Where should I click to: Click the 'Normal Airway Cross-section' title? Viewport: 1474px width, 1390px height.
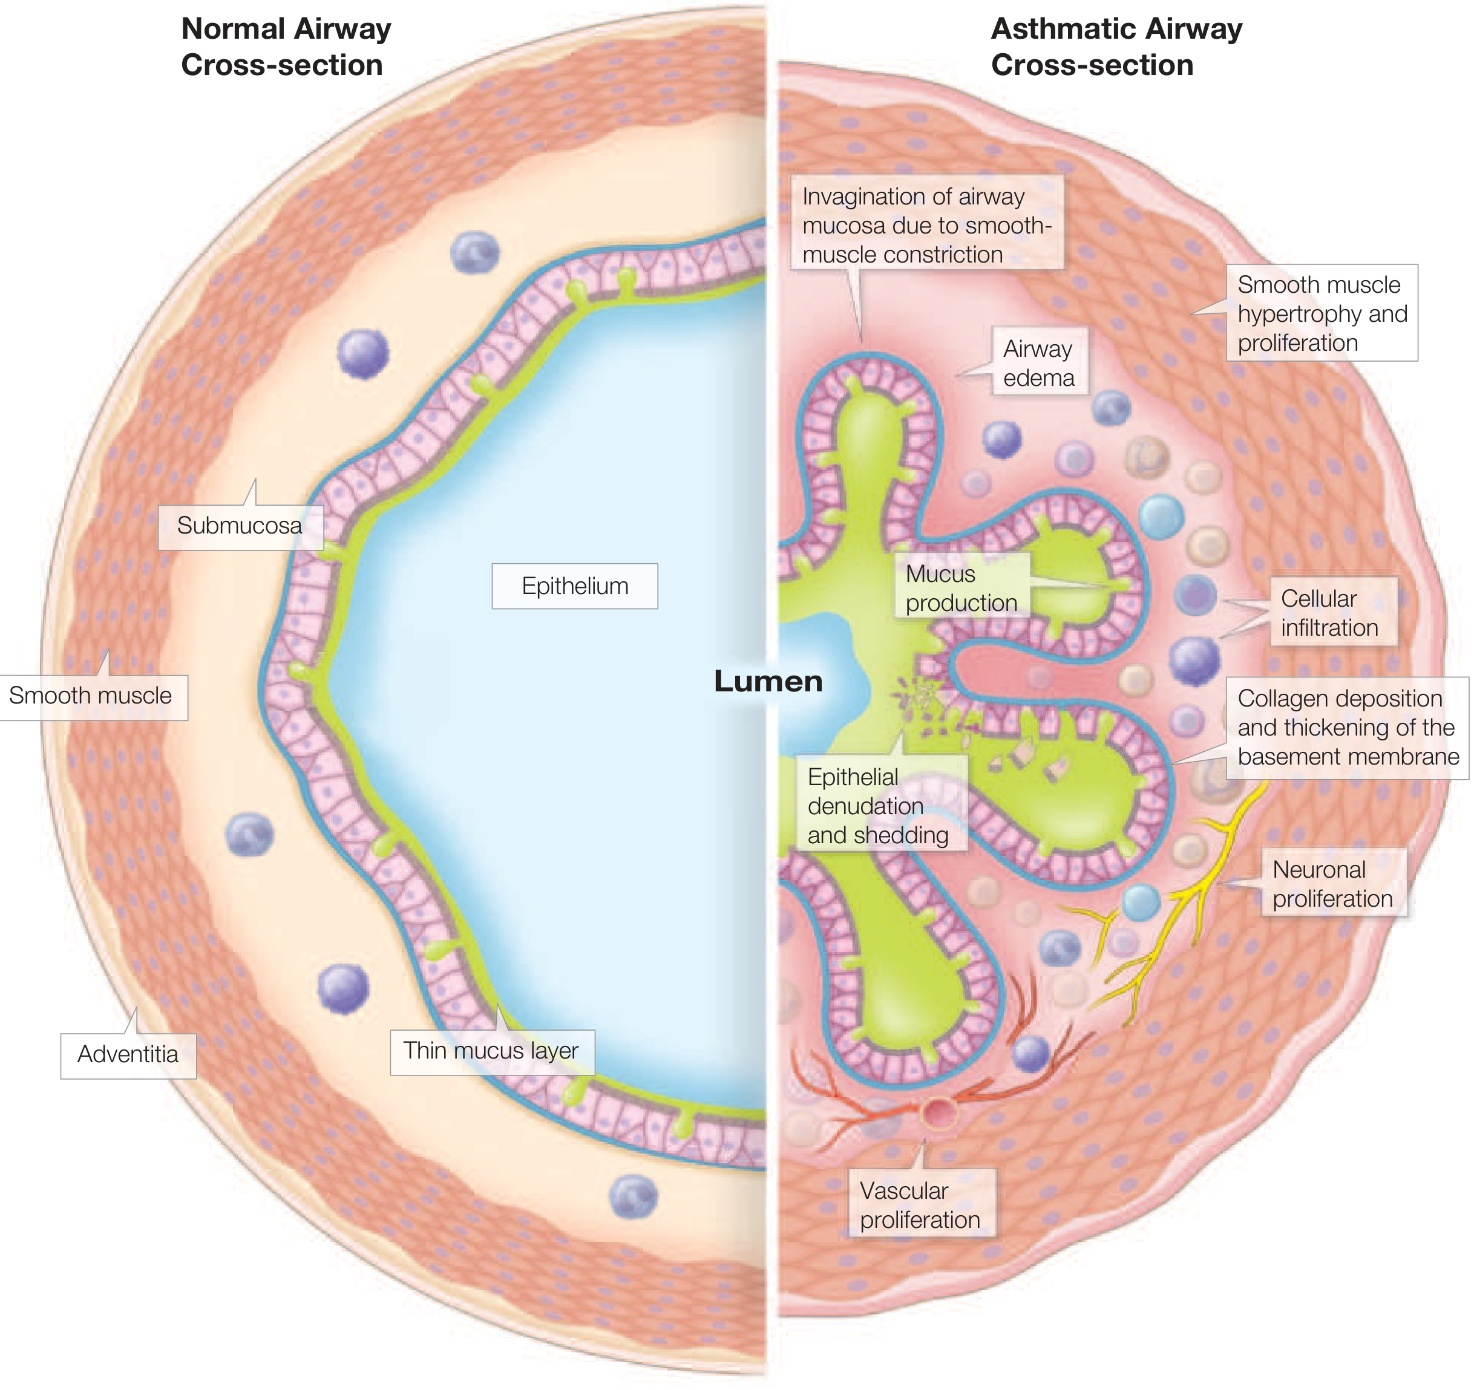(286, 47)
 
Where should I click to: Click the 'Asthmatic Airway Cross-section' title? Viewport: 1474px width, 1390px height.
(1116, 47)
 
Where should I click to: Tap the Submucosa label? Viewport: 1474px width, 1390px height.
(240, 526)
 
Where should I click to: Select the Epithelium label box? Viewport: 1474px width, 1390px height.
(575, 586)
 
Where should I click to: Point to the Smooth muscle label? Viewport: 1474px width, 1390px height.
(90, 696)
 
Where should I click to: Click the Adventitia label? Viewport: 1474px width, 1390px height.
(128, 1054)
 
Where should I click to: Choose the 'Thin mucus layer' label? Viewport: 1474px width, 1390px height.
(491, 1051)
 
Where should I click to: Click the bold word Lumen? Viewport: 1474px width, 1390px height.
(768, 681)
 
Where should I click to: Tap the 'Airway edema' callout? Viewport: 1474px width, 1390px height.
(1039, 364)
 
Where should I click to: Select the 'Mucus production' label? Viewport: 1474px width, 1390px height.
(961, 589)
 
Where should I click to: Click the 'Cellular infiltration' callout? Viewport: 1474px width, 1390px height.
(1329, 613)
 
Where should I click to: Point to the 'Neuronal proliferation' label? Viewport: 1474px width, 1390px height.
(1332, 884)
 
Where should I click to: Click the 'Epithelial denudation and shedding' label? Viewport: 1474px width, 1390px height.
(878, 806)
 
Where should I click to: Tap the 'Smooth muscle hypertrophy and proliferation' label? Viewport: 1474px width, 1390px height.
(1322, 313)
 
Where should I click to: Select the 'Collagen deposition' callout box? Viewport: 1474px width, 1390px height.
(1347, 727)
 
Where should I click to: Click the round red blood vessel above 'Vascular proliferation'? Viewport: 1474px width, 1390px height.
(938, 1112)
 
